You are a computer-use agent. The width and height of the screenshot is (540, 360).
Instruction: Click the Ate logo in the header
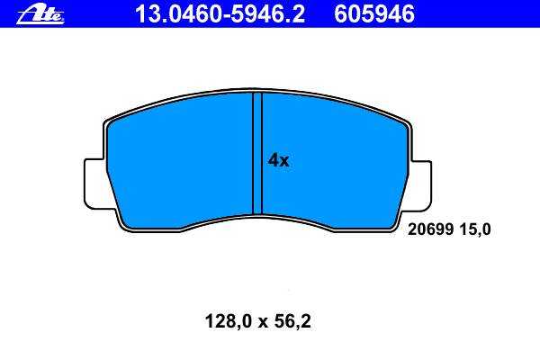40,15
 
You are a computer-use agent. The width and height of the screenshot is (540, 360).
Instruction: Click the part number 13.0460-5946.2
220,14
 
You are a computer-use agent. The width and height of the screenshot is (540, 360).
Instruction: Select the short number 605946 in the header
374,14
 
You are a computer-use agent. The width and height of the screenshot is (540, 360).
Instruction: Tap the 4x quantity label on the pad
279,160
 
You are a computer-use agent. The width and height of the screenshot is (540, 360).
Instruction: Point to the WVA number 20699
430,229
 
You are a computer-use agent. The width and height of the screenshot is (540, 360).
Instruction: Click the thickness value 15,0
474,229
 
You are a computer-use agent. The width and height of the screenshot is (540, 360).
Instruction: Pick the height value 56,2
292,321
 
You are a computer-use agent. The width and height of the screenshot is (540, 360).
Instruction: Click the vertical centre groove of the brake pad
257,153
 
